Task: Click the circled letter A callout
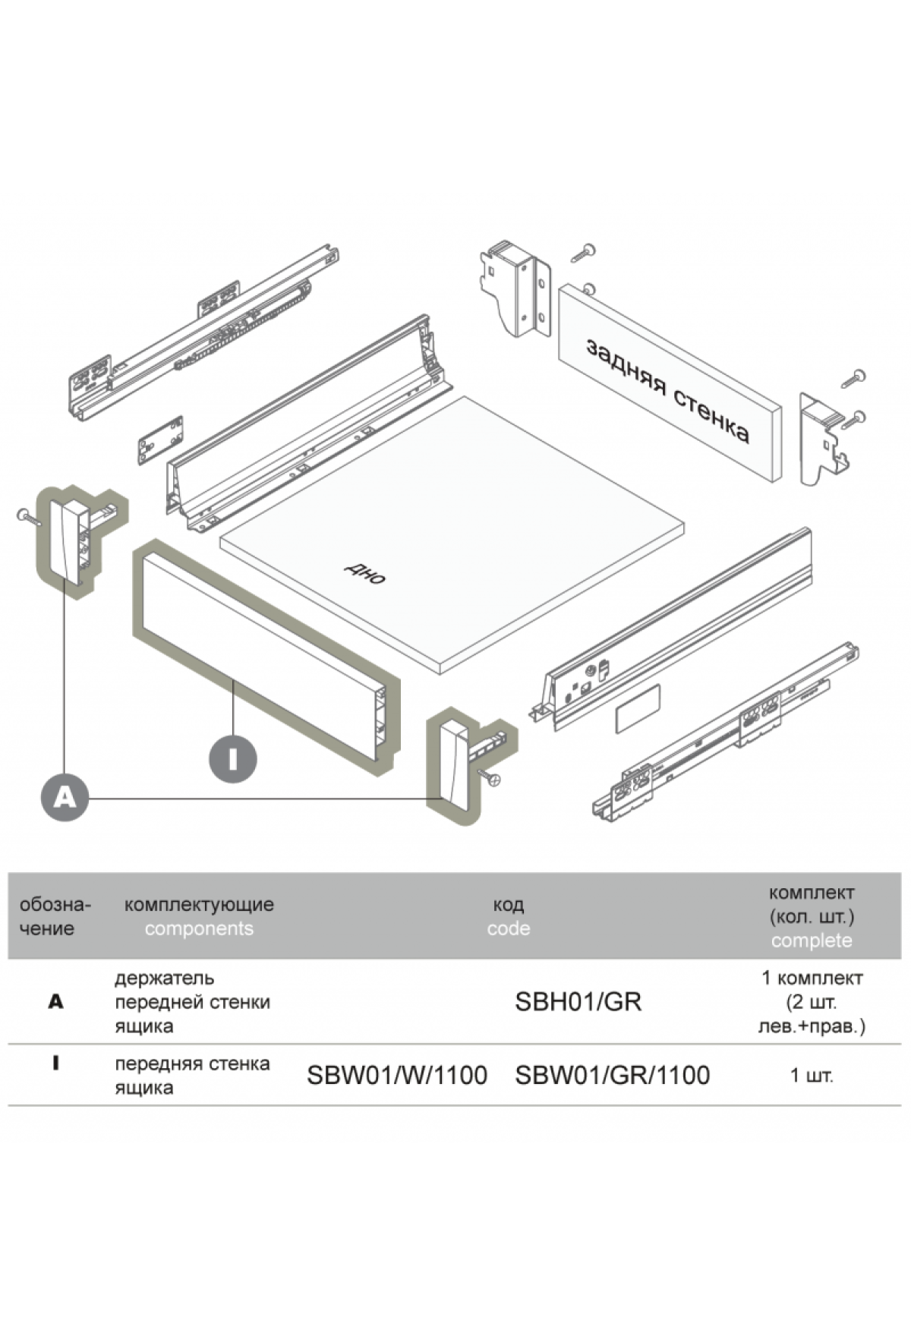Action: [x=65, y=797]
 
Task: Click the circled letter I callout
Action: [x=232, y=758]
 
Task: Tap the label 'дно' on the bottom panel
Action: [x=365, y=573]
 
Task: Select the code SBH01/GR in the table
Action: [x=578, y=1002]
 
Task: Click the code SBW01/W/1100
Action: [x=396, y=1075]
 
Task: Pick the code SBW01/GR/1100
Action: [x=612, y=1075]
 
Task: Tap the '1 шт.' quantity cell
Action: [x=811, y=1075]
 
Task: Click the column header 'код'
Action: [x=508, y=904]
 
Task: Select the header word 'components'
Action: [x=199, y=928]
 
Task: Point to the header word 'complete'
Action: [x=811, y=941]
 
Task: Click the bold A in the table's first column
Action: [x=55, y=1002]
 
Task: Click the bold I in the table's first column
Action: [x=55, y=1063]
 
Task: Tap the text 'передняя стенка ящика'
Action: [x=192, y=1075]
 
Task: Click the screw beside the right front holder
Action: [x=490, y=777]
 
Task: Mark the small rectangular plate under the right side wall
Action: [x=637, y=708]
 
